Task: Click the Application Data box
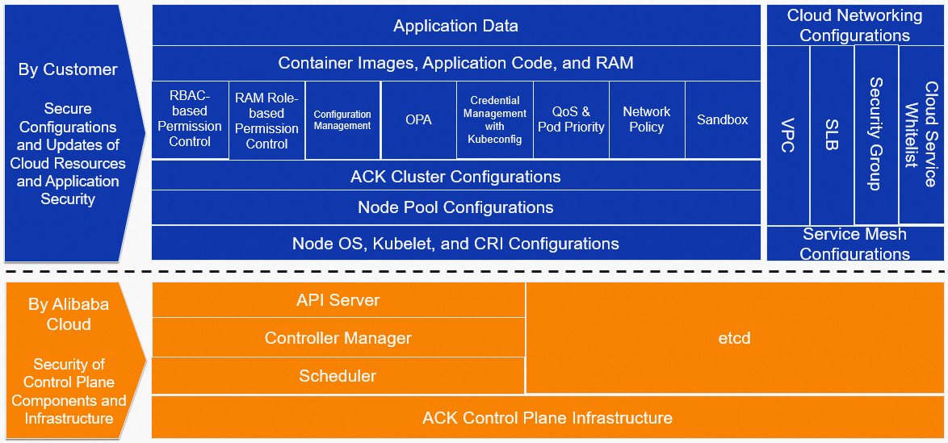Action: pyautogui.click(x=456, y=25)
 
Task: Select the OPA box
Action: pyautogui.click(x=418, y=119)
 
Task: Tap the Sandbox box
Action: pyautogui.click(x=723, y=119)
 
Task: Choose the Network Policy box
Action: pyautogui.click(x=647, y=119)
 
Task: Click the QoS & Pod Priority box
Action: pyautogui.click(x=572, y=119)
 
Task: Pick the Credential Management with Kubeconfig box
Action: pyautogui.click(x=495, y=119)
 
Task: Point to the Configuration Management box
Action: pyautogui.click(x=343, y=119)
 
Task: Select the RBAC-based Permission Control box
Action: pyautogui.click(x=190, y=119)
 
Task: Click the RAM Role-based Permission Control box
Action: pyautogui.click(x=267, y=119)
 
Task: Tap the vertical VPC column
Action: pyautogui.click(x=788, y=136)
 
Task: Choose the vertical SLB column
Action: pyautogui.click(x=832, y=136)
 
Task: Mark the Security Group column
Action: pyautogui.click(x=876, y=136)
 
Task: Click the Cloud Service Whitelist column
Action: pyautogui.click(x=923, y=136)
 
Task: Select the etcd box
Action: pyautogui.click(x=735, y=338)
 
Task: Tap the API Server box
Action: pyautogui.click(x=338, y=299)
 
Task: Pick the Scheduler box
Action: pyautogui.click(x=338, y=375)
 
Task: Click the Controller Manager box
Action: pyautogui.click(x=338, y=337)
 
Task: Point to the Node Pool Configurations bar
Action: pyautogui.click(x=456, y=207)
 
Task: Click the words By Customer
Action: pyautogui.click(x=68, y=69)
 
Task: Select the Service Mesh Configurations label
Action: pyautogui.click(x=855, y=243)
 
